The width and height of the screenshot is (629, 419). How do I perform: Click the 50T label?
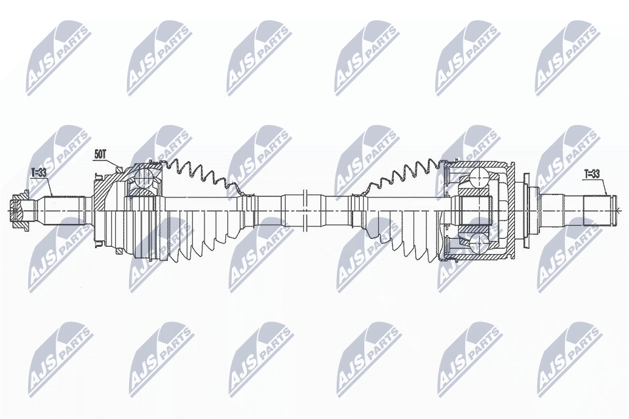[100, 155]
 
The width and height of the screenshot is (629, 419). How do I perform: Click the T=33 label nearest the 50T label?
[39, 173]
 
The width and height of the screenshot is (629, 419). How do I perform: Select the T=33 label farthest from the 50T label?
[592, 174]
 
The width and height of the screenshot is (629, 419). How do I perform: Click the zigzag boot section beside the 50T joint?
[197, 173]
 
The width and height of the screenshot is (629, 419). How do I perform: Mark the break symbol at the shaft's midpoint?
[305, 209]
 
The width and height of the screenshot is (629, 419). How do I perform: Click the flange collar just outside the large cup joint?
[524, 209]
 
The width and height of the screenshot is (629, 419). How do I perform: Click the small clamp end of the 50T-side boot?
[246, 194]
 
